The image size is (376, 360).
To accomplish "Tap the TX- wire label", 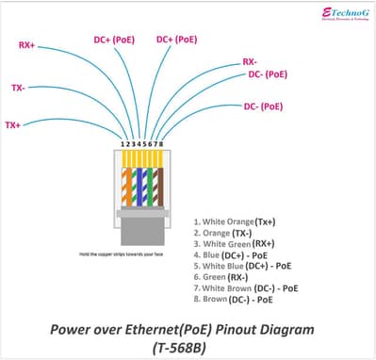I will tap(18, 88).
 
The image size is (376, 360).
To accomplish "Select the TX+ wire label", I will tap(12, 124).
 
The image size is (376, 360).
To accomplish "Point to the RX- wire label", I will tap(250, 60).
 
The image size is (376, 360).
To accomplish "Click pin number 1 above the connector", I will tap(123, 144).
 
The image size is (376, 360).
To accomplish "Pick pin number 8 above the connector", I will tap(162, 144).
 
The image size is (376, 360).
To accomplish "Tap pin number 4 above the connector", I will tap(139, 144).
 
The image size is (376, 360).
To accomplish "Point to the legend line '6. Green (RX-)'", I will tap(221, 277).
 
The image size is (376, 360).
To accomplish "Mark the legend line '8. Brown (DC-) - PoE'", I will tap(234, 300).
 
